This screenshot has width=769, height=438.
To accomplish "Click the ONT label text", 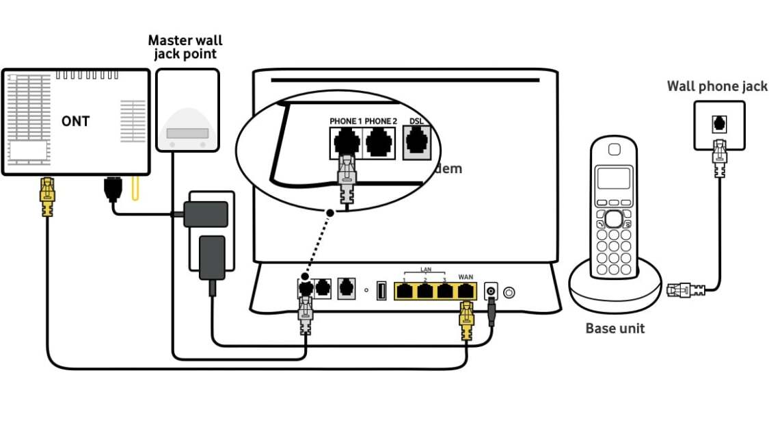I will tap(75, 121).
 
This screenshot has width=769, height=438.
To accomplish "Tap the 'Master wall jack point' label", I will tap(185, 48).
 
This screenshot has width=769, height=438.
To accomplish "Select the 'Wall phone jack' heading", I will tap(717, 86).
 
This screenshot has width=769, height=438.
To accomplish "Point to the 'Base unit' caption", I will tap(615, 328).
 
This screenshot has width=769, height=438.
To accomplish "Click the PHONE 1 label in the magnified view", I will tap(345, 121).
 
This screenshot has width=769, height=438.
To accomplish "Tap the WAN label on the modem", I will tap(466, 276).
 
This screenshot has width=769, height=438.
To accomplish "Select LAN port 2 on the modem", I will tap(425, 291).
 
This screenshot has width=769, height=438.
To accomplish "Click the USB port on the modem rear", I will tap(381, 291).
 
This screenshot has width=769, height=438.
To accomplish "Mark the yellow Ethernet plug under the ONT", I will tap(46, 196).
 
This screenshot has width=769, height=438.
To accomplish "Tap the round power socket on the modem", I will tap(490, 292).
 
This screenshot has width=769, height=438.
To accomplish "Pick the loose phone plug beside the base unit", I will tap(684, 289).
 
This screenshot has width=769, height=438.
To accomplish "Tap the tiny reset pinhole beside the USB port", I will tap(366, 291).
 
